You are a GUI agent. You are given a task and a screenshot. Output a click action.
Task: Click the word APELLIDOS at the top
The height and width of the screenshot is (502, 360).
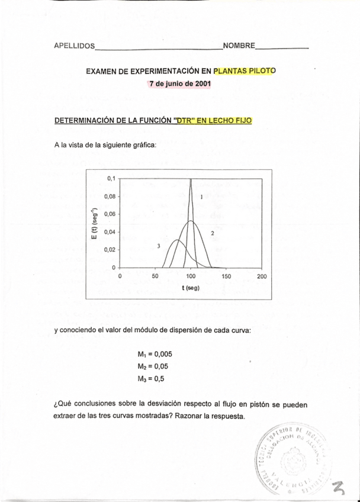pos(74,46)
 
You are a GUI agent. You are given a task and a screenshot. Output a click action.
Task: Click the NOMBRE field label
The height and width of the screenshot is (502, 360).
pos(239,46)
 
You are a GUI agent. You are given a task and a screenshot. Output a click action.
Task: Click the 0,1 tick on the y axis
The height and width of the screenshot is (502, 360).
pos(110,178)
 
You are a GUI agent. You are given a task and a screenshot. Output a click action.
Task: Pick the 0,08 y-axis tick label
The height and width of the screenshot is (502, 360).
pos(109,195)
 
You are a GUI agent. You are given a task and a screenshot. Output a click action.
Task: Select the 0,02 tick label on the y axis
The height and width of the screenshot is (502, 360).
pos(109,250)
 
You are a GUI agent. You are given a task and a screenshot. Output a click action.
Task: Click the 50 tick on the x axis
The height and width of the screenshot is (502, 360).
pos(155,276)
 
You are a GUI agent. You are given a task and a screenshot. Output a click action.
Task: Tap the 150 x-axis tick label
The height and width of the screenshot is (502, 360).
pos(226,276)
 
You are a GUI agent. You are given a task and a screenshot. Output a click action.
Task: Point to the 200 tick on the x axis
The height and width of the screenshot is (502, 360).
pos(262,276)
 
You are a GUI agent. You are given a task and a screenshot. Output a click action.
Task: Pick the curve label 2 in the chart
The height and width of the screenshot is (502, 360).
pos(212,233)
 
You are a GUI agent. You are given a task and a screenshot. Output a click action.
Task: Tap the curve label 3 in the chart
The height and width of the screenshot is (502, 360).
pos(159,245)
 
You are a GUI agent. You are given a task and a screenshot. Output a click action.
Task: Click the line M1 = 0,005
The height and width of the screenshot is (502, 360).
pos(155,355)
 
